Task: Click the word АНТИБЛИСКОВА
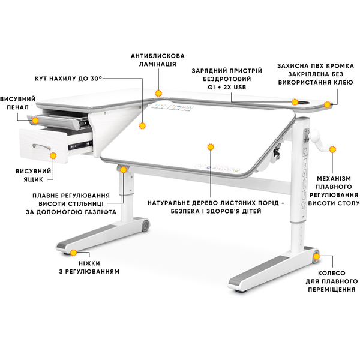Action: (158, 56)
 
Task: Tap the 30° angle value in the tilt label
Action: (96, 78)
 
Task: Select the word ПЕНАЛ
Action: (17, 107)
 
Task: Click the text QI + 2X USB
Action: (227, 87)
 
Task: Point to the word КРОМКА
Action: (340, 66)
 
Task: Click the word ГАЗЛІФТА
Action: (97, 212)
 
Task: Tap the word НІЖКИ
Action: (89, 263)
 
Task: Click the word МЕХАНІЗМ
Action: (334, 178)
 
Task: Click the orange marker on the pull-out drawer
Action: (53, 155)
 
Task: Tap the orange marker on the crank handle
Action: (332, 149)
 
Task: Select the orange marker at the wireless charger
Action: (295, 102)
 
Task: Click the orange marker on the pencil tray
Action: (35, 121)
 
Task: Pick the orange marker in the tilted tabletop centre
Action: (211, 147)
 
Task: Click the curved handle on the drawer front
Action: (41, 146)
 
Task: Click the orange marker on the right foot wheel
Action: (316, 256)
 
